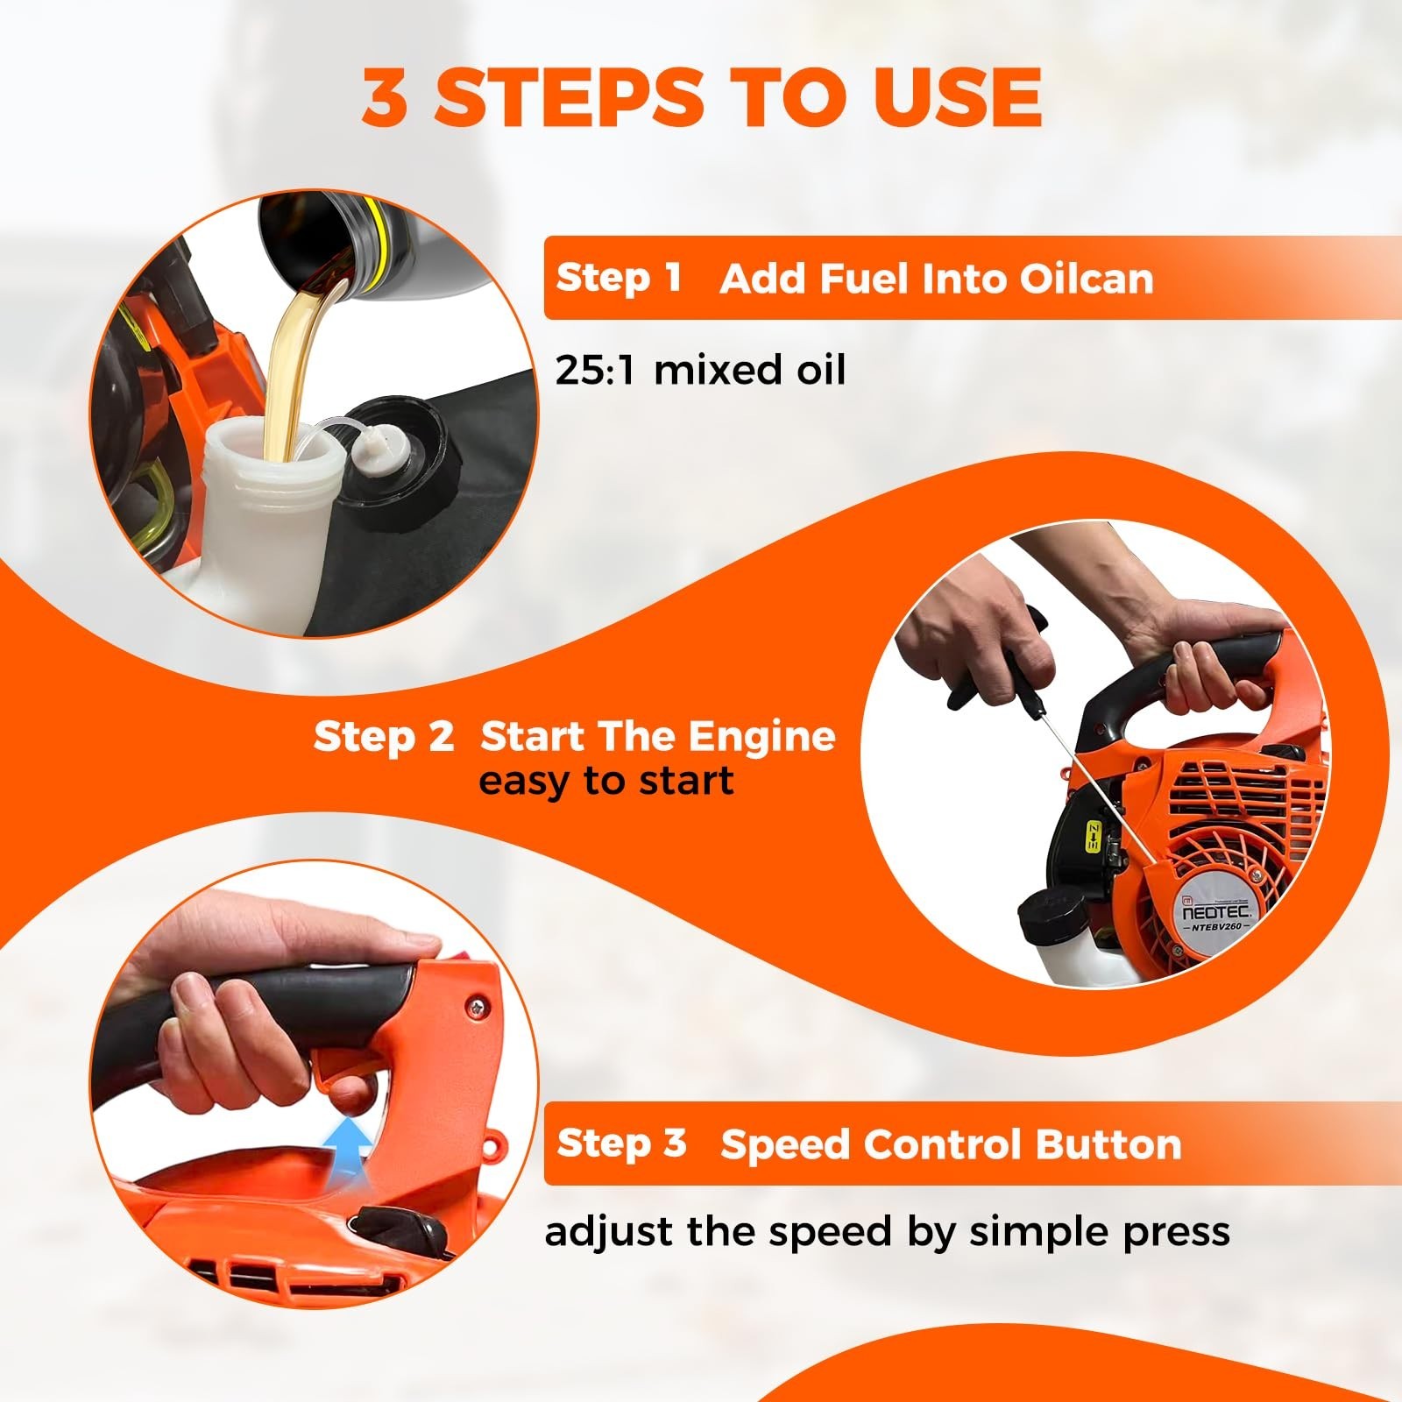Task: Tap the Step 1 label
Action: point(619,278)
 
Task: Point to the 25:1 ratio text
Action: point(600,370)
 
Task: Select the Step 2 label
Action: point(384,736)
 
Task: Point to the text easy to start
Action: point(605,781)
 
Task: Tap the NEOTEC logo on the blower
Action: point(1217,911)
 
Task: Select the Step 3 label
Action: point(621,1143)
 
